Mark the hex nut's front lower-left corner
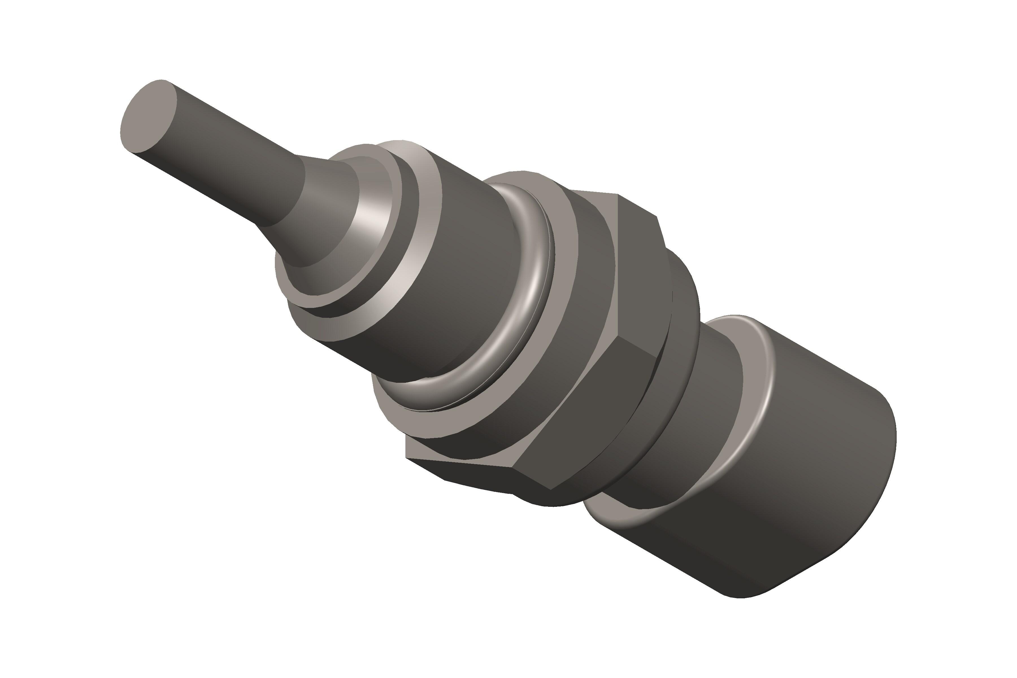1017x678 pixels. point(407,457)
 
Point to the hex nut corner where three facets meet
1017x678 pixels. point(513,467)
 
